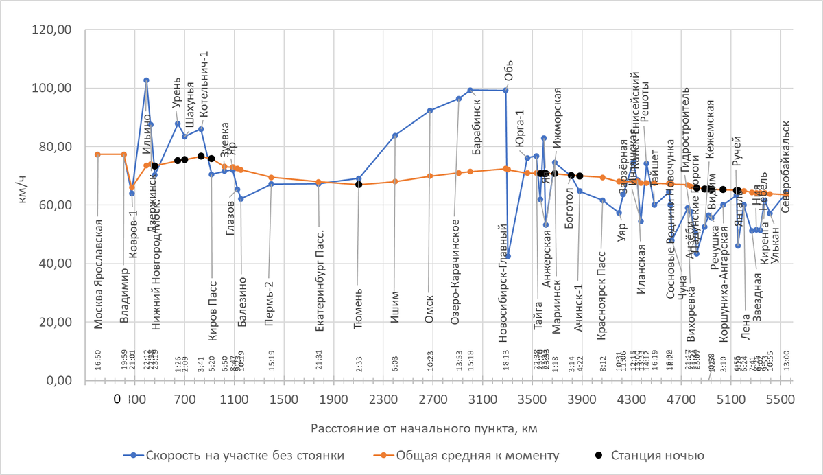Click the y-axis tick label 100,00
[x=56, y=89]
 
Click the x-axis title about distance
[x=423, y=429]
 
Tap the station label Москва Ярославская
[x=99, y=274]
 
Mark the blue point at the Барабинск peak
[x=470, y=90]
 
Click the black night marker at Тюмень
[x=359, y=184]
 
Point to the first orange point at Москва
[x=97, y=154]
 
